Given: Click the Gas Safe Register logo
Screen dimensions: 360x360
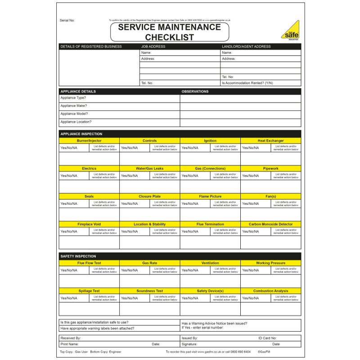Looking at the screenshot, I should click(290, 30).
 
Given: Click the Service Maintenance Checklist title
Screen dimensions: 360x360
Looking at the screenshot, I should click(170, 32).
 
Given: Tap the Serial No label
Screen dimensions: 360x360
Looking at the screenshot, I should click(67, 21).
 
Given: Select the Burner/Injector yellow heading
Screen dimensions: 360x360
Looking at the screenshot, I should click(89, 141).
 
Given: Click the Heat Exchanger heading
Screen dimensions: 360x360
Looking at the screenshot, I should click(270, 141).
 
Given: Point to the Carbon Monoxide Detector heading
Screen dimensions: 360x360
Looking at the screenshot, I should click(270, 224).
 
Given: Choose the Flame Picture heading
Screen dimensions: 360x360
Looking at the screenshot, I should click(210, 197).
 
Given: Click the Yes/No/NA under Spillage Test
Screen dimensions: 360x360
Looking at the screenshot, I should click(69, 298).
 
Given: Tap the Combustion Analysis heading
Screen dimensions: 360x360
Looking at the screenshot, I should click(270, 291).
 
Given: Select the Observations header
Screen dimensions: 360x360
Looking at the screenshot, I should click(195, 91).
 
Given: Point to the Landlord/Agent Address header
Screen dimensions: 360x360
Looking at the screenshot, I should click(246, 46).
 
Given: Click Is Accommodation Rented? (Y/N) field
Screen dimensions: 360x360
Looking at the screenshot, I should click(247, 83).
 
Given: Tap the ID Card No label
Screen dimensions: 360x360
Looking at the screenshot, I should click(267, 338).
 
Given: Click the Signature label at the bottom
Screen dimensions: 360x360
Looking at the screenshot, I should click(189, 344).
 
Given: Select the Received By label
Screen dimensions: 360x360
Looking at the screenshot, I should click(71, 338).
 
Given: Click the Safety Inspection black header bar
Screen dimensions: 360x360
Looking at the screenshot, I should click(180, 256).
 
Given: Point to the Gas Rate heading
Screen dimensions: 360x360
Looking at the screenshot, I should click(149, 263).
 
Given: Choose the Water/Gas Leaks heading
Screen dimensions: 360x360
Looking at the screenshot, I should click(149, 169).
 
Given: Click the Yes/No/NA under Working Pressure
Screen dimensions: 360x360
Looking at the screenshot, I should click(250, 270).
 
